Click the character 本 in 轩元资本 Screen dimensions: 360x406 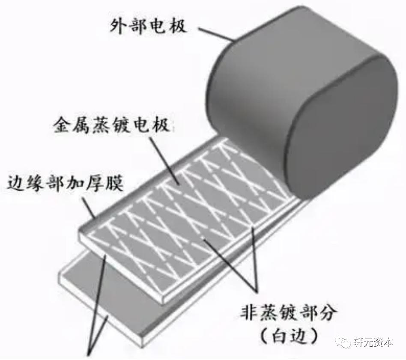(388, 342)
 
